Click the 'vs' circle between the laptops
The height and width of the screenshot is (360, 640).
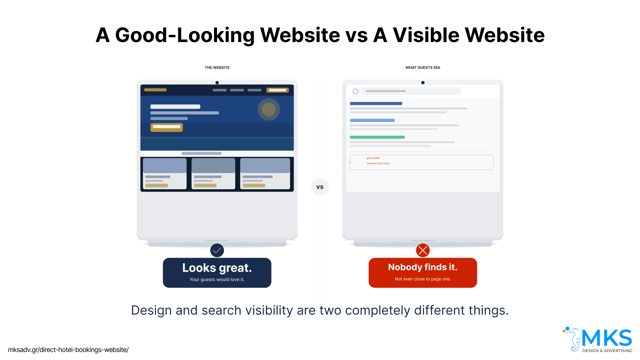pos(320,187)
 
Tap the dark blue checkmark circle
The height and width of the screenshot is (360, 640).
pos(217,250)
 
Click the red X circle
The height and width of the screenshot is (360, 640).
pos(423,250)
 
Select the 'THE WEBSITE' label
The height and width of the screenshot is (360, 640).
pos(217,68)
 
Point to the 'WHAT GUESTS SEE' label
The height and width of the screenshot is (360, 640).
pos(423,68)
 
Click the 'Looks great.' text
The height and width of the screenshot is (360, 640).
pos(217,268)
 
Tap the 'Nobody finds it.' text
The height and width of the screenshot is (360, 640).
pos(423,267)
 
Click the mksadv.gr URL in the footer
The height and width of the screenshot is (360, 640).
pos(68,350)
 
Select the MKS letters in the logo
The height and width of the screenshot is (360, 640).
pos(607,338)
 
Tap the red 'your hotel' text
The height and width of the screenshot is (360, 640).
pos(373,158)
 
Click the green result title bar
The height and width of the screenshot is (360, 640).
pos(377,137)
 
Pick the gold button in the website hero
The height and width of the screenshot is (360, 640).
pos(166,127)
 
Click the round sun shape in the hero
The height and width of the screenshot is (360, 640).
pos(269,109)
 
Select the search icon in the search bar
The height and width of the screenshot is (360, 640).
pos(356,91)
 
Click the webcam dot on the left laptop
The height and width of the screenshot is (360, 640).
pos(217,83)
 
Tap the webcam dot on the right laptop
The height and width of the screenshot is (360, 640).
pos(423,83)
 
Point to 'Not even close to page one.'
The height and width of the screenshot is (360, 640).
pos(423,279)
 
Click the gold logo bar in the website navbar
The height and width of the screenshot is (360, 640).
pos(155,90)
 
